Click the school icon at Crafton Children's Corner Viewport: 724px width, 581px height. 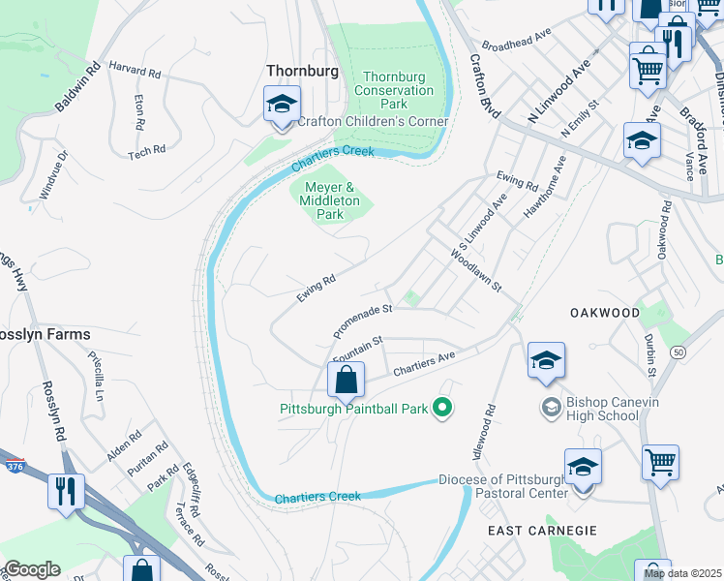tap(282, 105)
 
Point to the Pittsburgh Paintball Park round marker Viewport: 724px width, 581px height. tap(442, 408)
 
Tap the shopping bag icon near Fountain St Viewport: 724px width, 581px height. tap(346, 381)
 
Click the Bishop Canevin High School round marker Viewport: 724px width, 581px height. tap(552, 405)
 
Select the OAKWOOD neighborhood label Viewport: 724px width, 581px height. tap(605, 313)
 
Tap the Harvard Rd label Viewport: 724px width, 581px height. tap(135, 72)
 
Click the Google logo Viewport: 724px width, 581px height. tap(32, 569)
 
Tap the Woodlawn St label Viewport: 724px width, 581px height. tap(476, 270)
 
